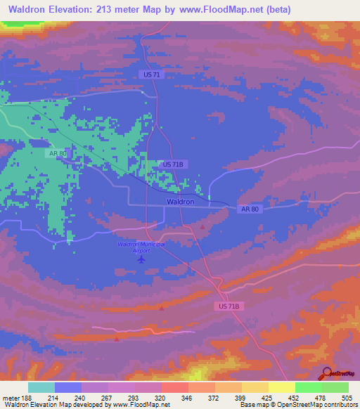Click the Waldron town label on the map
(x=181, y=202)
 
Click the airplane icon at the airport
(x=141, y=259)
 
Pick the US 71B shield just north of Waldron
(x=172, y=164)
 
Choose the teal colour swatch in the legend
(x=41, y=387)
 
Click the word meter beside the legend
(x=11, y=397)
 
